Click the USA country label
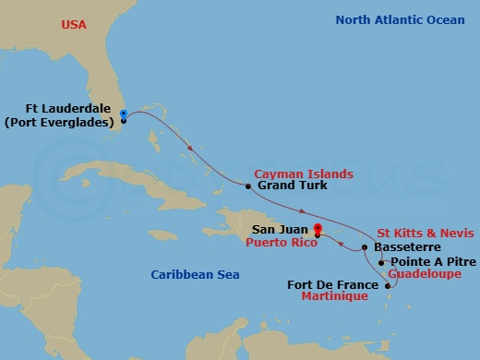tap(75, 24)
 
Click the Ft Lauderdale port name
tap(66, 106)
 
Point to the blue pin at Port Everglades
tap(123, 115)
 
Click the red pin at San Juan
tap(317, 229)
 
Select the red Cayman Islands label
tap(304, 173)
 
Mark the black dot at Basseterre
tap(366, 247)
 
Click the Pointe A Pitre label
tap(427, 262)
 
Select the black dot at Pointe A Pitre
tap(382, 262)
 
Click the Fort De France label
tap(333, 283)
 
